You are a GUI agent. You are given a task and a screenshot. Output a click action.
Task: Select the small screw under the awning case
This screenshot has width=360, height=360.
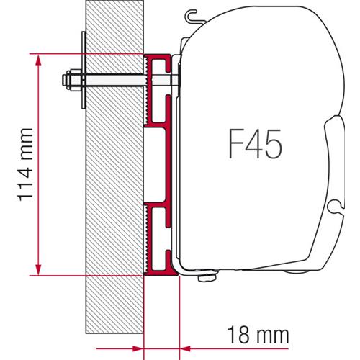click(211, 276)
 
